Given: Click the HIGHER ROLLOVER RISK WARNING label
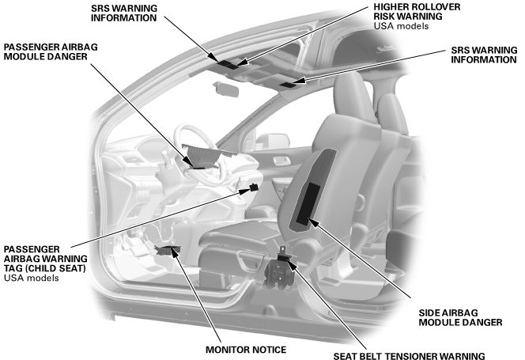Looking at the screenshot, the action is click(x=417, y=12).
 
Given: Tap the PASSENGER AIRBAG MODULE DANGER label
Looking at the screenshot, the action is click(x=51, y=51).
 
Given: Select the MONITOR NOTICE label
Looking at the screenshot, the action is click(x=246, y=350).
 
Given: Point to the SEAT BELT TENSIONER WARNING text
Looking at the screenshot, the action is click(x=409, y=355).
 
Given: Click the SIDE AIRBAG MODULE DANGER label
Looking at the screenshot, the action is click(x=460, y=317).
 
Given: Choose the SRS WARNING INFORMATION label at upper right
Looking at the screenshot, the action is click(x=484, y=55).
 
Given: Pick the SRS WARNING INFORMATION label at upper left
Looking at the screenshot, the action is click(x=124, y=13).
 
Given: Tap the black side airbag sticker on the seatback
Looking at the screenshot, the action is click(x=308, y=204).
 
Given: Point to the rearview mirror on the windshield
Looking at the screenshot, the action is click(x=226, y=89).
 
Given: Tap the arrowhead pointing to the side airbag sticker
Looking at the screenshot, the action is click(x=312, y=222).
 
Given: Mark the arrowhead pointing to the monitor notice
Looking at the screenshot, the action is click(x=174, y=252).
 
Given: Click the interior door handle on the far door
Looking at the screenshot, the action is click(x=281, y=161).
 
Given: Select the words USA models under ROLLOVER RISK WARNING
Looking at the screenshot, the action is click(x=401, y=26).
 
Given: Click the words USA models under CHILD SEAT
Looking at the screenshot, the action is click(x=31, y=278).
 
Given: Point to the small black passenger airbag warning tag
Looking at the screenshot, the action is click(x=254, y=187).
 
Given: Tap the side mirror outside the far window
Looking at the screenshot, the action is click(x=272, y=140).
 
